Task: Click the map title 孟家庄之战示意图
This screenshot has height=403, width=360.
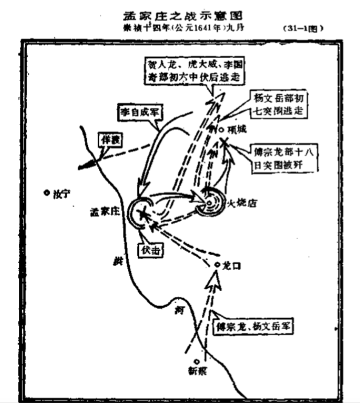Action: coord(180,13)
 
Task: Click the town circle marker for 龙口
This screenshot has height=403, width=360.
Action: coord(217,264)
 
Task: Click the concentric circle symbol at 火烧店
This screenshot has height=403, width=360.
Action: coord(210,200)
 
